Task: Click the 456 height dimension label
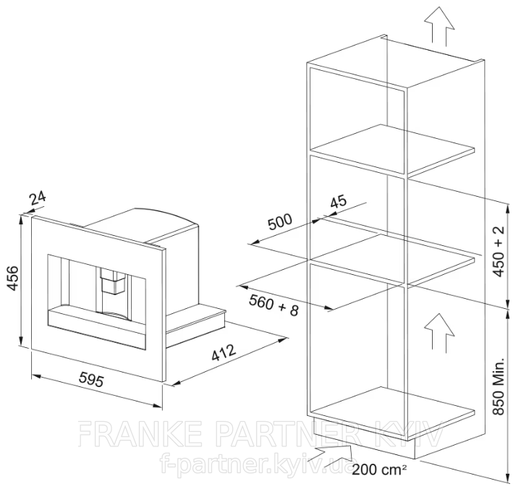(x=12, y=277)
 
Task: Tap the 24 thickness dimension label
(x=37, y=198)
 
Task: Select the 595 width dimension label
(x=91, y=379)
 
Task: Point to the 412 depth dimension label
(x=224, y=352)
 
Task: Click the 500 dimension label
(x=280, y=221)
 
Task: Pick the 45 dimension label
(x=339, y=201)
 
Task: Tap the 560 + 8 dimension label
(x=274, y=305)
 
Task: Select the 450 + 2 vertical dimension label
(x=499, y=251)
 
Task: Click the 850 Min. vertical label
(x=499, y=386)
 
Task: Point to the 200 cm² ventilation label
(x=379, y=470)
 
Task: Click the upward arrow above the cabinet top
(x=439, y=27)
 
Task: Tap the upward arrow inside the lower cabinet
(x=439, y=331)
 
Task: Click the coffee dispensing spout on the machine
(x=113, y=281)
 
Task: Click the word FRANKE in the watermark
(x=140, y=433)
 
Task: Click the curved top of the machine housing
(x=166, y=215)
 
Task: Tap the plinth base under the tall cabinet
(x=364, y=438)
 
